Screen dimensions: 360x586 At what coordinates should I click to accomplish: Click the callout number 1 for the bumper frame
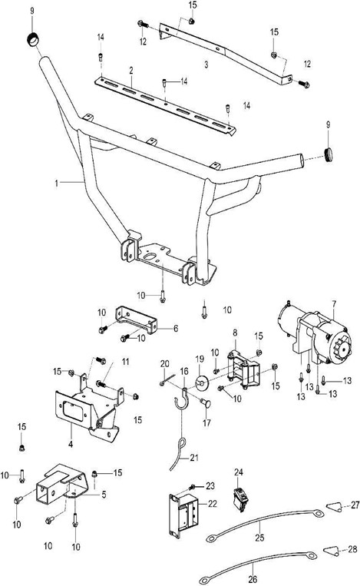56,184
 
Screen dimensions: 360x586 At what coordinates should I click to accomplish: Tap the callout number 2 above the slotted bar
131,71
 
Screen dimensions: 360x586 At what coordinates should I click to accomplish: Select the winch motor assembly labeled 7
315,334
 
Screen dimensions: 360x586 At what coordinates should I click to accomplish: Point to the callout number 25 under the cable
259,538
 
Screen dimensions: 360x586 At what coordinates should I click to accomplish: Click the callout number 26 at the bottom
253,579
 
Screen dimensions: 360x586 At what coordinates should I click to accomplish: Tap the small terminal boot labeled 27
334,507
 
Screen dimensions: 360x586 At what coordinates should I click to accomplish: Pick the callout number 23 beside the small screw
210,486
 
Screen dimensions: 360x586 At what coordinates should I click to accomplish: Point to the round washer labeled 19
202,382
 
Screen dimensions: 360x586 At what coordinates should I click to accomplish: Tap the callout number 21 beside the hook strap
194,458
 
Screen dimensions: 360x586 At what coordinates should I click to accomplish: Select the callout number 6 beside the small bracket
176,329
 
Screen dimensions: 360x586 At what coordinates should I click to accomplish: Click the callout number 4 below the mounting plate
71,445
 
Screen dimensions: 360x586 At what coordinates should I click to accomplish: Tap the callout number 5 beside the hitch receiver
104,495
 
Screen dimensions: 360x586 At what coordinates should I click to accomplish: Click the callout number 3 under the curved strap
206,65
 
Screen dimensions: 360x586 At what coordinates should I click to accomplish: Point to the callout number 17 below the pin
207,422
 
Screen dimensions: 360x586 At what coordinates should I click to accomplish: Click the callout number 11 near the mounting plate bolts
125,362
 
